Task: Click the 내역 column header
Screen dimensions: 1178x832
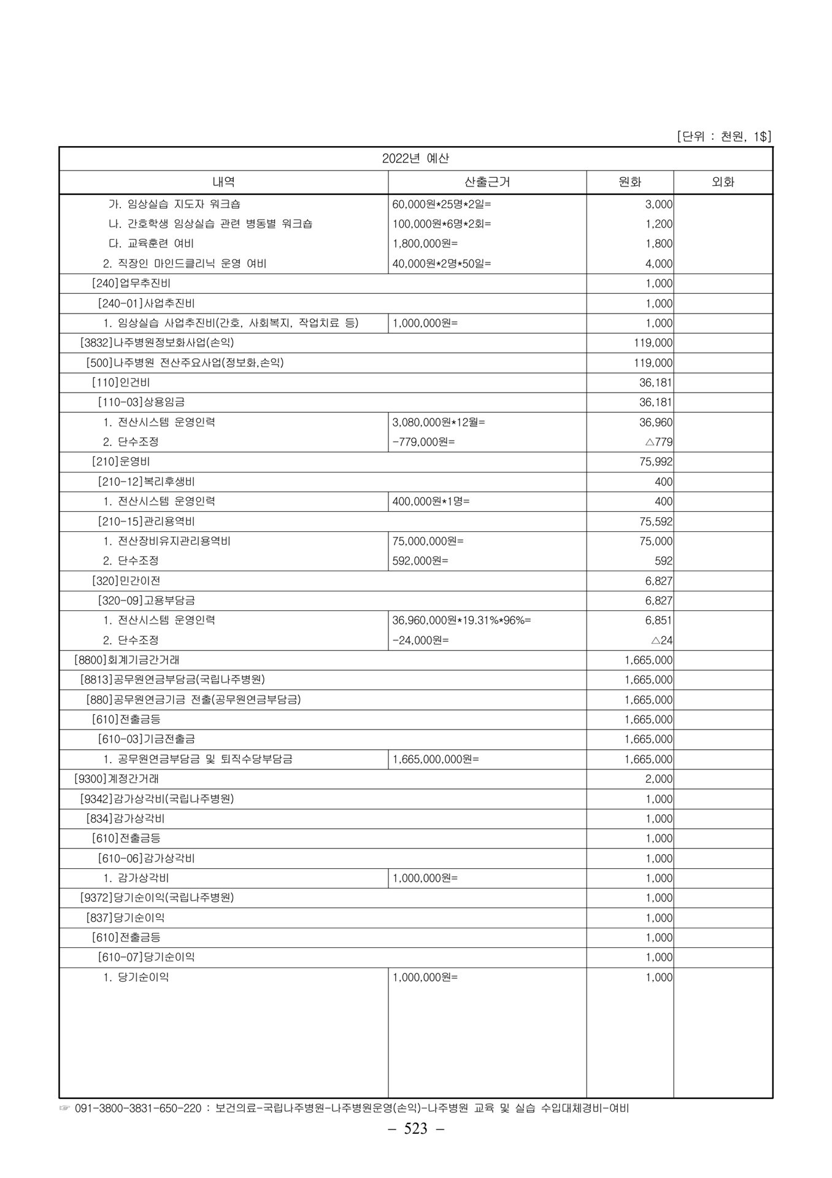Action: (223, 182)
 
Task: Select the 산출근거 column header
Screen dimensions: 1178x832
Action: (487, 182)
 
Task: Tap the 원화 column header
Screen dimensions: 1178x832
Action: (630, 182)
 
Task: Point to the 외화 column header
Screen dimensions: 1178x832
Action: (723, 182)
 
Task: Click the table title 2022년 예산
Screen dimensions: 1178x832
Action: (415, 158)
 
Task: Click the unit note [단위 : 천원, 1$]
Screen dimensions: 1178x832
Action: (724, 136)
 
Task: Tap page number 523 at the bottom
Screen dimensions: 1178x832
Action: (415, 1145)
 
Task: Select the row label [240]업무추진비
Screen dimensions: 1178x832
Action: (131, 283)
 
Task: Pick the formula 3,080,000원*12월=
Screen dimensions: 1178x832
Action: (439, 422)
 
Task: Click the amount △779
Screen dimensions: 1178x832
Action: (660, 442)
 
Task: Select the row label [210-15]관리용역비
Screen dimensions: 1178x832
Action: (146, 522)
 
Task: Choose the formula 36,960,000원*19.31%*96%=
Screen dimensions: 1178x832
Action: (461, 620)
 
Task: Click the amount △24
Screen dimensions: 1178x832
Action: (662, 641)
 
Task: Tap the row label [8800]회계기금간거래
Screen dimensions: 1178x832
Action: (126, 660)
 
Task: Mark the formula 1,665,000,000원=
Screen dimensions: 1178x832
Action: (436, 759)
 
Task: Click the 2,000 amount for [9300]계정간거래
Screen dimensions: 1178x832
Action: (659, 779)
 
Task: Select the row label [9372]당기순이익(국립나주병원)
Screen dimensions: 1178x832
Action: (157, 898)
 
